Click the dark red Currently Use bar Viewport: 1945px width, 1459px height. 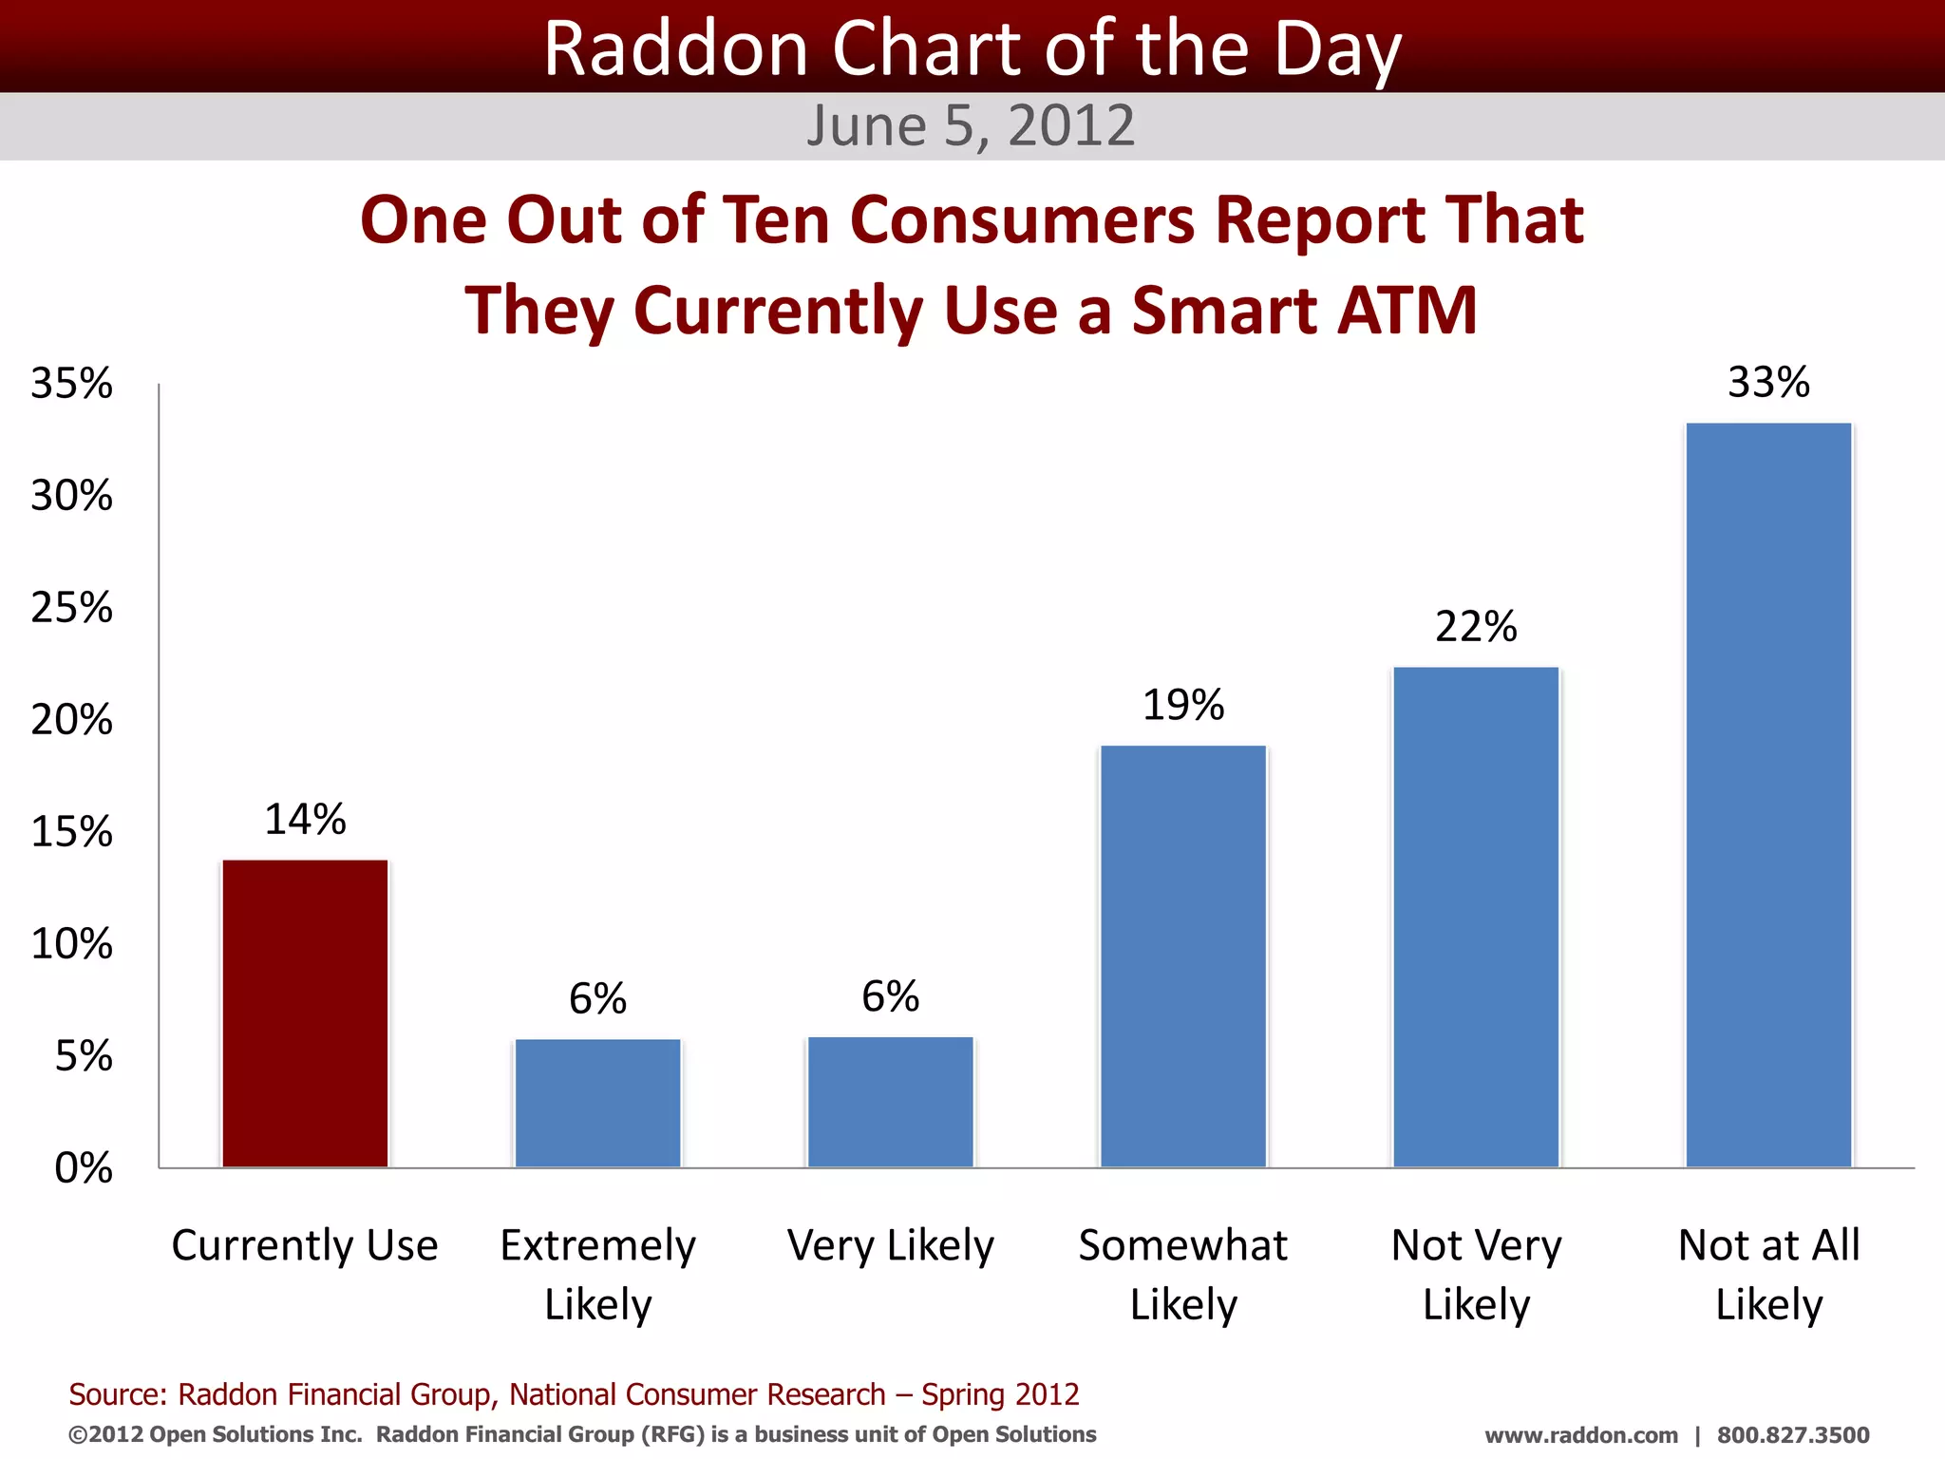[x=305, y=1014]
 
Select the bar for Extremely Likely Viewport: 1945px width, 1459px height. [x=597, y=1103]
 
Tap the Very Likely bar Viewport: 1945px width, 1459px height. [x=890, y=1102]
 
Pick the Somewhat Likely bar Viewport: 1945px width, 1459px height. [x=1183, y=956]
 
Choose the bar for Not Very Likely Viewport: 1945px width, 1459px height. [x=1476, y=917]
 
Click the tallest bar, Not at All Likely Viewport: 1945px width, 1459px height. [x=1768, y=795]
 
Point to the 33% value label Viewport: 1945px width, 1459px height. [x=1768, y=383]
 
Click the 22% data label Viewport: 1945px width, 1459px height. [x=1476, y=627]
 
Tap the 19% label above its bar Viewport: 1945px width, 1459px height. [x=1183, y=706]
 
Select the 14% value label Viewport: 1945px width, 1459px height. [x=305, y=820]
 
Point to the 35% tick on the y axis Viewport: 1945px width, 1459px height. [x=72, y=384]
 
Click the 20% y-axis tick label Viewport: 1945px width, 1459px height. [x=72, y=720]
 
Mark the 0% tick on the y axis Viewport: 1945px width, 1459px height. [x=84, y=1168]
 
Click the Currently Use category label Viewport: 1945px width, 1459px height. [x=305, y=1245]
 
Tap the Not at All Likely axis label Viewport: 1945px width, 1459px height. [x=1768, y=1274]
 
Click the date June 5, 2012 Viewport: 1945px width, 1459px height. [x=971, y=126]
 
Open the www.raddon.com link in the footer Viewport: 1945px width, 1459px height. [x=1581, y=1435]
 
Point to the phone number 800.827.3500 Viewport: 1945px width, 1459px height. [x=1793, y=1435]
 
